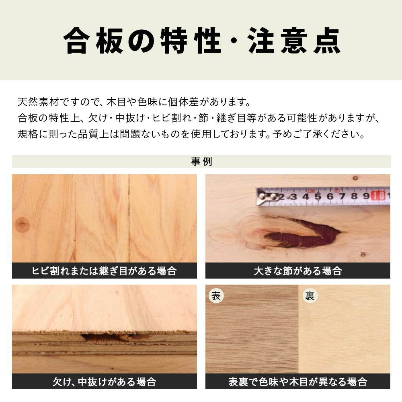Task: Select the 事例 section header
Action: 201,162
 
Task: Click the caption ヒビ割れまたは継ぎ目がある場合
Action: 104,271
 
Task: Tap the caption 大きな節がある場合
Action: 297,271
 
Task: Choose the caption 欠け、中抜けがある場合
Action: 104,381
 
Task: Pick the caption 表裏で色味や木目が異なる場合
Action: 297,381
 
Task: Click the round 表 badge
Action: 216,296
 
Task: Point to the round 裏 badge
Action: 310,296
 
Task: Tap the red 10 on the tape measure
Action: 377,196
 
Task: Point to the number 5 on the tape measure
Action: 317,196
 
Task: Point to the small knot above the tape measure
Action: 355,178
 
